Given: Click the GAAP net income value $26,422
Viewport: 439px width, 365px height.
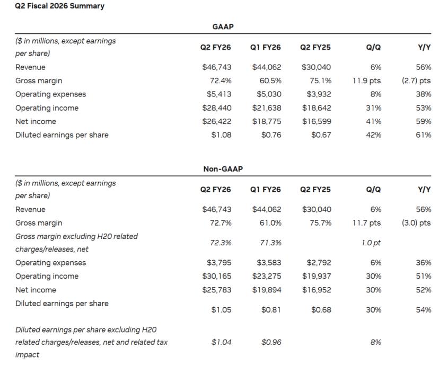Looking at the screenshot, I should coord(217,121).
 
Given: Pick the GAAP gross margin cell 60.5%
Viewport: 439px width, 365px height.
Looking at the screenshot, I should coord(270,81).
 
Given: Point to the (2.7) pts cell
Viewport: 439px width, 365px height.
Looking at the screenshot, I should coord(416,81).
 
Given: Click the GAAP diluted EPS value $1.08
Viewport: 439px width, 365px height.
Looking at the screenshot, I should coord(222,135).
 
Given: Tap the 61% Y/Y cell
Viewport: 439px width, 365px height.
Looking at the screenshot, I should coord(424,135).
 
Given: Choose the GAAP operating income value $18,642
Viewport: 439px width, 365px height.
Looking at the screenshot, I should coord(317,108).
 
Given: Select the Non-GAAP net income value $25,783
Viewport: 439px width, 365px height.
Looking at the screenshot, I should coord(217,290).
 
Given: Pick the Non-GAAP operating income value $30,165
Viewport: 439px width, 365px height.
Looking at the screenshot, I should coord(217,276).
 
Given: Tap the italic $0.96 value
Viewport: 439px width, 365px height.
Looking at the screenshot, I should coord(271,342).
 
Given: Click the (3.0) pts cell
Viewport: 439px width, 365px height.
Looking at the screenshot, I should coord(416,223).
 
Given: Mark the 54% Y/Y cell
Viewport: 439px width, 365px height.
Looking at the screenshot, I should coord(424,310).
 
